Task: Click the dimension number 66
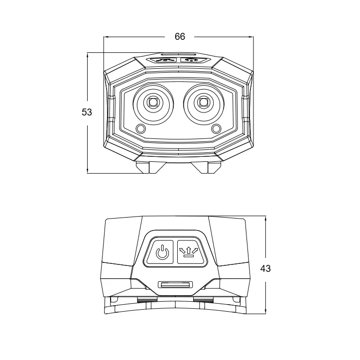(180, 36)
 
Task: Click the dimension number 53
(87, 113)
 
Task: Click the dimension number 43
(265, 268)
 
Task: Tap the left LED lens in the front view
(152, 103)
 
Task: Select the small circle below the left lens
(140, 129)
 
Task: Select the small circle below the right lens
(216, 129)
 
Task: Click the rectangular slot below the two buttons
(174, 285)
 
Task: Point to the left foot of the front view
(142, 166)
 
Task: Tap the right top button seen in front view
(190, 60)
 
